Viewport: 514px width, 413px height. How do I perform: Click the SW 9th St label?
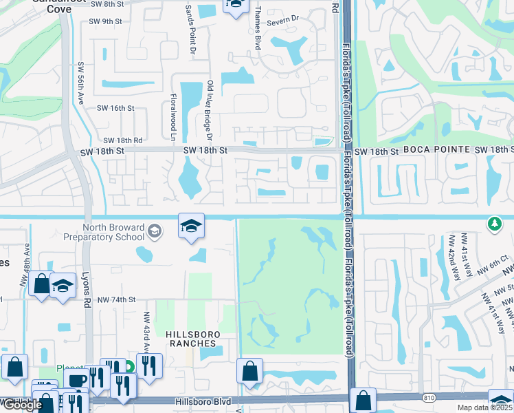(104, 21)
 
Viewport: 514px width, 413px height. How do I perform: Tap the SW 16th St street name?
(115, 108)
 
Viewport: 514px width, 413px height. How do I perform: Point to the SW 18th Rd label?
(123, 140)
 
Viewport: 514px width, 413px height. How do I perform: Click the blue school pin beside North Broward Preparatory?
(191, 226)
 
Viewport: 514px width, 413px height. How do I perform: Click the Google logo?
(22, 405)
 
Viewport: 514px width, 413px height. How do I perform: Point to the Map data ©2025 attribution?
(484, 407)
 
